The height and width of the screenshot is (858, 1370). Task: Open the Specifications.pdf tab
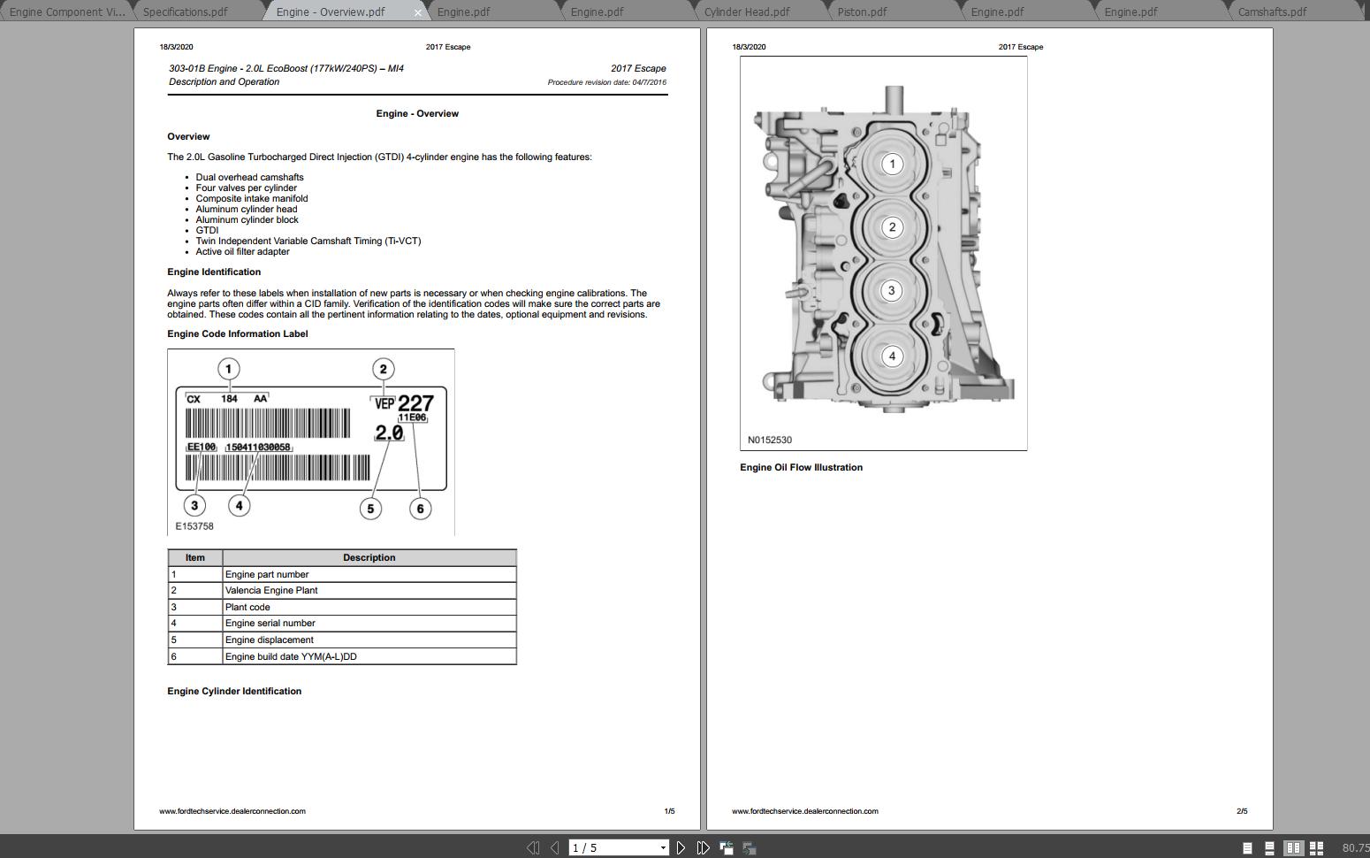(185, 11)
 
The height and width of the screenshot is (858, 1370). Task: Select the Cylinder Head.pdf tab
(747, 11)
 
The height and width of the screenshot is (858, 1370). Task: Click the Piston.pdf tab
(862, 11)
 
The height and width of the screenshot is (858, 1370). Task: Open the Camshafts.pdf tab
(1272, 11)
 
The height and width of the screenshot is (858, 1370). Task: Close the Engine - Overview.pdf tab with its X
(418, 12)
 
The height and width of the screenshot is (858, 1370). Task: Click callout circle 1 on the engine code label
(229, 369)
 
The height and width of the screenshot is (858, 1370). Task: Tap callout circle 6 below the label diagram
(421, 509)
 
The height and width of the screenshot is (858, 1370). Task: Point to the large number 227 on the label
(415, 403)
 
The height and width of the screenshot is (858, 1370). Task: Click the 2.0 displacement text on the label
(389, 433)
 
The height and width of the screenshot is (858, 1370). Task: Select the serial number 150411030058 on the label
(258, 448)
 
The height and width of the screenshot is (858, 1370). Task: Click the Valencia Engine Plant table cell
(271, 590)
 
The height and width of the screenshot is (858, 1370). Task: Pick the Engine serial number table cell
(270, 623)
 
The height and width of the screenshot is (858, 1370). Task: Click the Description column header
(369, 557)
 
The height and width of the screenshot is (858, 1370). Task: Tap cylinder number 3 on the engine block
(892, 291)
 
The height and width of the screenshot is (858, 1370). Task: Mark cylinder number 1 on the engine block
(893, 164)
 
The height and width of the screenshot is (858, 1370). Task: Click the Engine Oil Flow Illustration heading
(801, 467)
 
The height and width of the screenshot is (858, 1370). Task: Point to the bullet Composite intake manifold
(252, 198)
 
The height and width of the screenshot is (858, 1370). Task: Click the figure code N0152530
(770, 440)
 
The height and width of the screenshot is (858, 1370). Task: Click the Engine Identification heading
(214, 272)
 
